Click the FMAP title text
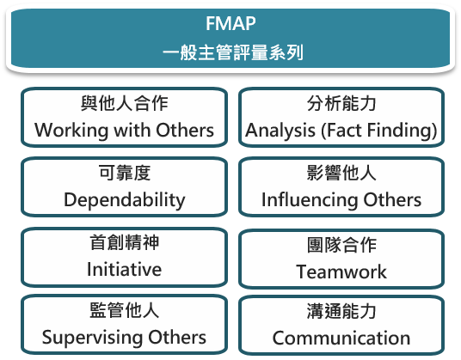tap(230, 23)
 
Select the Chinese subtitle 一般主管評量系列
tap(233, 52)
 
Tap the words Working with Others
tap(124, 130)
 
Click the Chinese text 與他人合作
tap(125, 103)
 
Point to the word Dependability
tap(125, 200)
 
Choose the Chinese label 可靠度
tap(125, 173)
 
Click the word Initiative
tap(125, 269)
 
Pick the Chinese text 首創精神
tap(125, 242)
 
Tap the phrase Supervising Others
tap(124, 338)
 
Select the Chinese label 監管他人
tap(125, 310)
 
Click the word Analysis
tap(280, 131)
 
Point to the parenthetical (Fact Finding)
tap(379, 131)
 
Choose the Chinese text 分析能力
tap(341, 103)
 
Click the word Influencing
tap(310, 200)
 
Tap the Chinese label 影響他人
tap(341, 173)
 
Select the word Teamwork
tap(341, 272)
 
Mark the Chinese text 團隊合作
tap(341, 245)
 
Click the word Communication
tap(341, 338)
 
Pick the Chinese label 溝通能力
tap(341, 311)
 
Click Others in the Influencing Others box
tap(392, 200)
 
